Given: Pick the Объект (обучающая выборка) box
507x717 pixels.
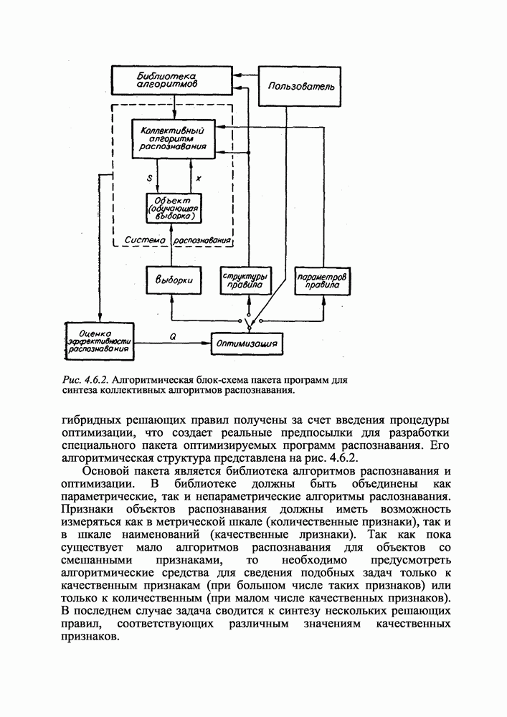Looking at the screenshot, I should coord(173,207).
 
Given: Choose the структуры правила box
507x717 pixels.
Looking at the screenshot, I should coord(246,280).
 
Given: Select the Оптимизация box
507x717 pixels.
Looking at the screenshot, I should coord(247,344).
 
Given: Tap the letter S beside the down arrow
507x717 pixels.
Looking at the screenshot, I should coord(148,176).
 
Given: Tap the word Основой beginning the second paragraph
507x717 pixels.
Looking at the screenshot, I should coord(108,471).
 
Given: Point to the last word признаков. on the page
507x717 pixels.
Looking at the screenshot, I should coord(90,637).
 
